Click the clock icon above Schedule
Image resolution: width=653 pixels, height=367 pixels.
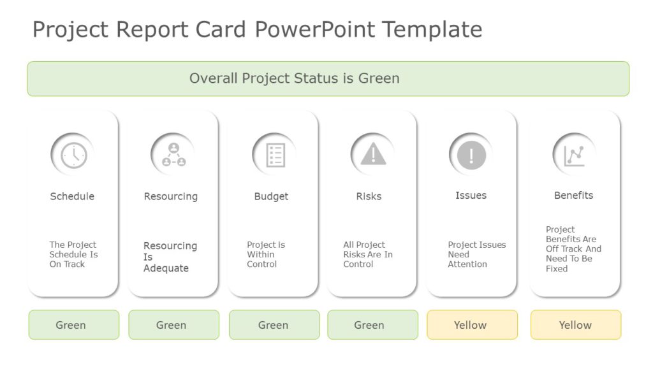(x=73, y=155)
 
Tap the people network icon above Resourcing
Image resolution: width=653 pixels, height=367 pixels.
(x=173, y=154)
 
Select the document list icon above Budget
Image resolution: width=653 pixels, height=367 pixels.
(x=275, y=155)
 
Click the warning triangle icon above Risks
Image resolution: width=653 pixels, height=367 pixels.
(x=373, y=154)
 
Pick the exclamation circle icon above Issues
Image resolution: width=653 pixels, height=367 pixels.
(x=471, y=155)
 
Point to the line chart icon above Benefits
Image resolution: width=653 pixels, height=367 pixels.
(x=574, y=155)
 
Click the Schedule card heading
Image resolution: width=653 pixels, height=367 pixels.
(x=72, y=196)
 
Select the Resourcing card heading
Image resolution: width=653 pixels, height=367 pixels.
(x=171, y=196)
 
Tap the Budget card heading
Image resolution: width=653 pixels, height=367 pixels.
(x=271, y=196)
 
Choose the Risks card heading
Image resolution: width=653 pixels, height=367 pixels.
(x=369, y=196)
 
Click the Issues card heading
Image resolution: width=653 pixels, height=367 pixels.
(x=471, y=196)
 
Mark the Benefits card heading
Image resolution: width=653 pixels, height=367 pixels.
(x=573, y=196)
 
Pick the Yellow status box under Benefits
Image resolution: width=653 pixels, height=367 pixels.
(x=576, y=325)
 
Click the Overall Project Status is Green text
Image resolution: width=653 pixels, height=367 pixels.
(x=295, y=78)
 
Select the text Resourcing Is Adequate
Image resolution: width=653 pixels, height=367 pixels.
(x=170, y=257)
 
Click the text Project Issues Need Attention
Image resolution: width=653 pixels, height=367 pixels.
(x=476, y=254)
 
